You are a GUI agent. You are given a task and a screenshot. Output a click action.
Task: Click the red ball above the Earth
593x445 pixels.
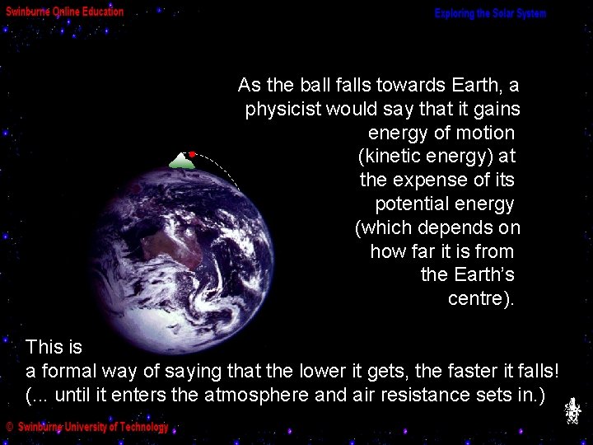pyautogui.click(x=191, y=154)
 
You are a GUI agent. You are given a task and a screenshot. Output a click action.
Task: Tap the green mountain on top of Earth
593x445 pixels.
pyautogui.click(x=181, y=162)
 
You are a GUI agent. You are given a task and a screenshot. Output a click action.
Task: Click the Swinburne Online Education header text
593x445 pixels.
pyautogui.click(x=65, y=12)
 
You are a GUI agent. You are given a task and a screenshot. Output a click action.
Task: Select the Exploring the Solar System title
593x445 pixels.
pyautogui.click(x=490, y=14)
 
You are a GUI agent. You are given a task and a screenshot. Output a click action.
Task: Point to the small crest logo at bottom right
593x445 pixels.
pyautogui.click(x=573, y=410)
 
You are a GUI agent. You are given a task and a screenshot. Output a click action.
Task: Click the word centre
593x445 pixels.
pyautogui.click(x=478, y=298)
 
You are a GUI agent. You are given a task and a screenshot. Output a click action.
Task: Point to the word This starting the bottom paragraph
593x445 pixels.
pyautogui.click(x=43, y=347)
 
